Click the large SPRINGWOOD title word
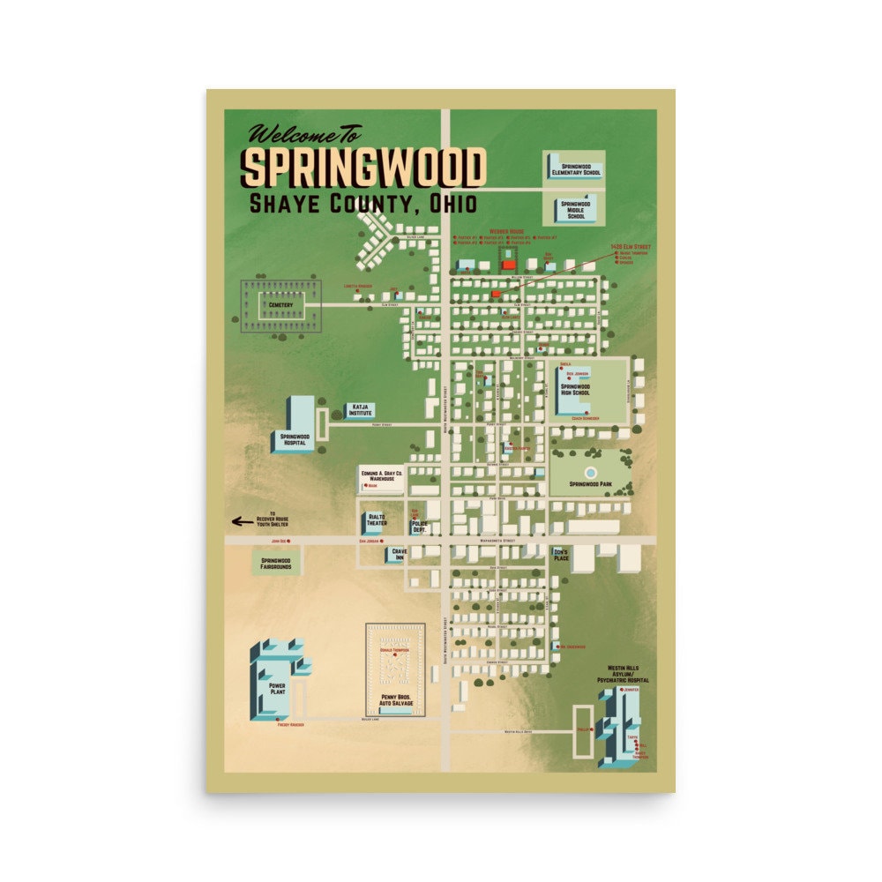(363, 167)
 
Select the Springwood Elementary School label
(575, 168)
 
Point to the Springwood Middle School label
(576, 210)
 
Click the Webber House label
(507, 231)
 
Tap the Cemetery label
(281, 305)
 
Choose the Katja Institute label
(360, 409)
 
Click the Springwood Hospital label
(295, 439)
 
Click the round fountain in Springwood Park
(589, 473)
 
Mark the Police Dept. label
(419, 526)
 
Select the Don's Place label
(561, 555)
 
